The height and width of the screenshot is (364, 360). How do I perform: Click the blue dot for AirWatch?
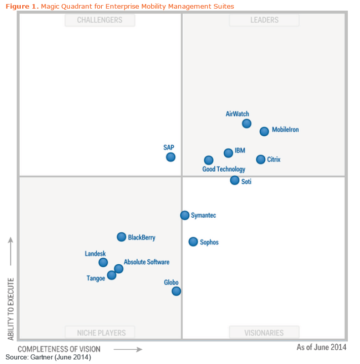click(x=247, y=124)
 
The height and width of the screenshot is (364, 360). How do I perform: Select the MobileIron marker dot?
click(x=264, y=132)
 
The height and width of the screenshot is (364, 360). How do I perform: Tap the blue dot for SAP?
click(x=171, y=157)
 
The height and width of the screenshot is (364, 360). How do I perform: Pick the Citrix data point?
click(x=261, y=159)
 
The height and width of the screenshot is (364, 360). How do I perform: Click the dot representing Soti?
click(x=234, y=180)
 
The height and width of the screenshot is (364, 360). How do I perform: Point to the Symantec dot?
click(x=185, y=215)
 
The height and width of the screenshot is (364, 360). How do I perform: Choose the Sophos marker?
click(x=193, y=242)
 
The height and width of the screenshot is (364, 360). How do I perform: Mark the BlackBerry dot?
click(x=122, y=237)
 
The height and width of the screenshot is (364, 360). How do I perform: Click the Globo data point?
click(x=176, y=291)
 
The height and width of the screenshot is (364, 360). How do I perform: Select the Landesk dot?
click(x=103, y=262)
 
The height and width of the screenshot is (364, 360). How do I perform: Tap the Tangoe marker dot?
click(x=112, y=275)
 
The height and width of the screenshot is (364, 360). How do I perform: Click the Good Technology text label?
click(x=224, y=170)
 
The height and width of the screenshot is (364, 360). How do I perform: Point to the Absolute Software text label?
click(x=147, y=262)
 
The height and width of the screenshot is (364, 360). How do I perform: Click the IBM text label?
click(x=240, y=151)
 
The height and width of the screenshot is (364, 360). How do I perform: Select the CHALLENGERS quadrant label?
click(x=100, y=20)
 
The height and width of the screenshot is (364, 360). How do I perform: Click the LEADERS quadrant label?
click(x=264, y=20)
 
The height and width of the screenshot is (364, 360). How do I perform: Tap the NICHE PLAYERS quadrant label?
click(x=101, y=333)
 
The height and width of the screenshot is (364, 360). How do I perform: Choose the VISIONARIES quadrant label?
click(x=264, y=333)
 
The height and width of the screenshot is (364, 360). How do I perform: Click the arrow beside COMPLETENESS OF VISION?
click(x=128, y=349)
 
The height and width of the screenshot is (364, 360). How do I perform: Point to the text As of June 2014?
click(x=322, y=347)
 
